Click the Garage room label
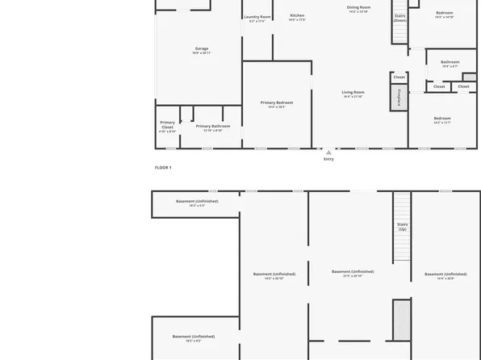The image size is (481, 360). (x=201, y=48)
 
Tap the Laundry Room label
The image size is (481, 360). (x=258, y=17)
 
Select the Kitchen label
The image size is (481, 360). (x=297, y=15)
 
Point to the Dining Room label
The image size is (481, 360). (x=358, y=7)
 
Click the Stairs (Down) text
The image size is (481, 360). (x=399, y=18)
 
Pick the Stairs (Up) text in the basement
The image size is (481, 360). (x=402, y=226)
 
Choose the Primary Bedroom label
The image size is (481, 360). (x=277, y=103)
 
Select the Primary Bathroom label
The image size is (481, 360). (x=213, y=126)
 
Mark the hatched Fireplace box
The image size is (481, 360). (x=398, y=97)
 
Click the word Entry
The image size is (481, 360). (x=328, y=159)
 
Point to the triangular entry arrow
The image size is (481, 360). (x=328, y=152)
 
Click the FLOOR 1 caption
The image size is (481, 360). (x=163, y=167)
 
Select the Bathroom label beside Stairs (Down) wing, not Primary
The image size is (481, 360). (x=450, y=62)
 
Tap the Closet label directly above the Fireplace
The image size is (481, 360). (x=399, y=77)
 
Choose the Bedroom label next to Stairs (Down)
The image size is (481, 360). (x=445, y=12)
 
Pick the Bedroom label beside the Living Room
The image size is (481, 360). (x=441, y=119)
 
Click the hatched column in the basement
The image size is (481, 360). (x=398, y=319)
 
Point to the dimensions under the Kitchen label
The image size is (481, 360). (x=297, y=20)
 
